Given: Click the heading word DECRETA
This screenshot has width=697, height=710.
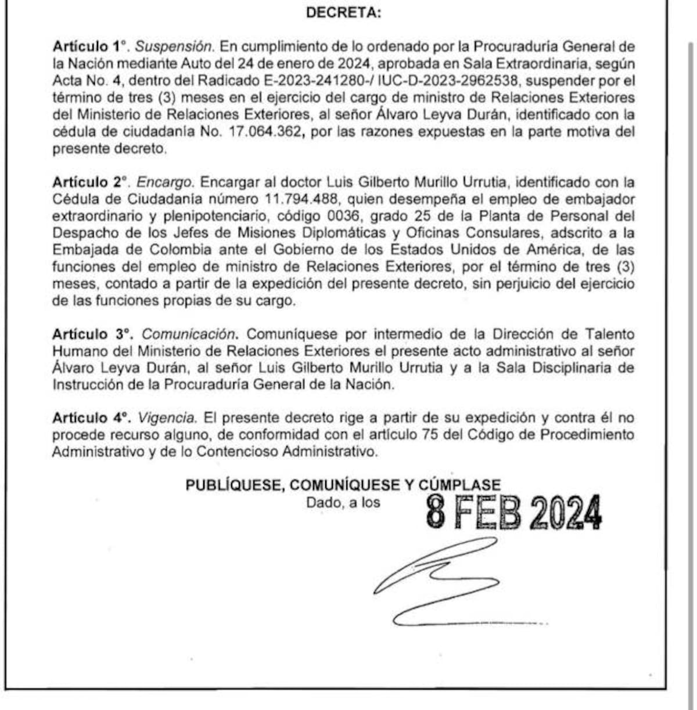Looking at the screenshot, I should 343,13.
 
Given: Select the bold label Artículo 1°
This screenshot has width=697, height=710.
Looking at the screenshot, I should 89,46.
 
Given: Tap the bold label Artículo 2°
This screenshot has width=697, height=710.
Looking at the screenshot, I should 91,182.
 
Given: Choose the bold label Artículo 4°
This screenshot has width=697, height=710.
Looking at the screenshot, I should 91,418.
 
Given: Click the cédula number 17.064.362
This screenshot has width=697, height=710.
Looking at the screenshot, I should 265,132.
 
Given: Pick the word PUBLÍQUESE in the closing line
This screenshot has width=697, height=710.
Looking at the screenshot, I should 235,485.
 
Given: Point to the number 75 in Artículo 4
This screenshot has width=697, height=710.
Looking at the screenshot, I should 430,435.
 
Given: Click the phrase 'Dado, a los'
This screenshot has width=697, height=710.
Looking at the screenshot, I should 343,503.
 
